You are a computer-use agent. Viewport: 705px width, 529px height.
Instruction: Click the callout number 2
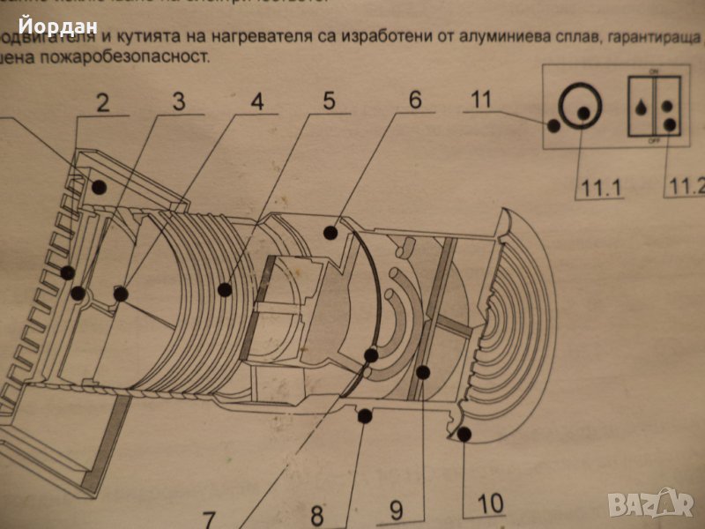[x=103, y=103]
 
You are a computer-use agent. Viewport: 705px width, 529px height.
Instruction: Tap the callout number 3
[x=179, y=101]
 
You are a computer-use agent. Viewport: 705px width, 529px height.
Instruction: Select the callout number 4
[x=256, y=101]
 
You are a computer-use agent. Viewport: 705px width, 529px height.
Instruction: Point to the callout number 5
[x=328, y=100]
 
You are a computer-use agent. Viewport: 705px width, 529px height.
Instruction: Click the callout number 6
[x=415, y=100]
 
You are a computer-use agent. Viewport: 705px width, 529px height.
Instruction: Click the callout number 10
[x=491, y=504]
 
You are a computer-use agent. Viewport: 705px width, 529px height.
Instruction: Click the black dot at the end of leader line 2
[x=99, y=187]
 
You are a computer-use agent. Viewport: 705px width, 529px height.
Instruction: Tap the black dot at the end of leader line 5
[x=226, y=288]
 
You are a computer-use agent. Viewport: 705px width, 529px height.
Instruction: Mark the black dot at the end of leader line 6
[x=330, y=233]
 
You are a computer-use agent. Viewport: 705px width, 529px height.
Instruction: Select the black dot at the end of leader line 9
[x=423, y=373]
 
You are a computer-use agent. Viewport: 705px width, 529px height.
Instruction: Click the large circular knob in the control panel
[x=582, y=108]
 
